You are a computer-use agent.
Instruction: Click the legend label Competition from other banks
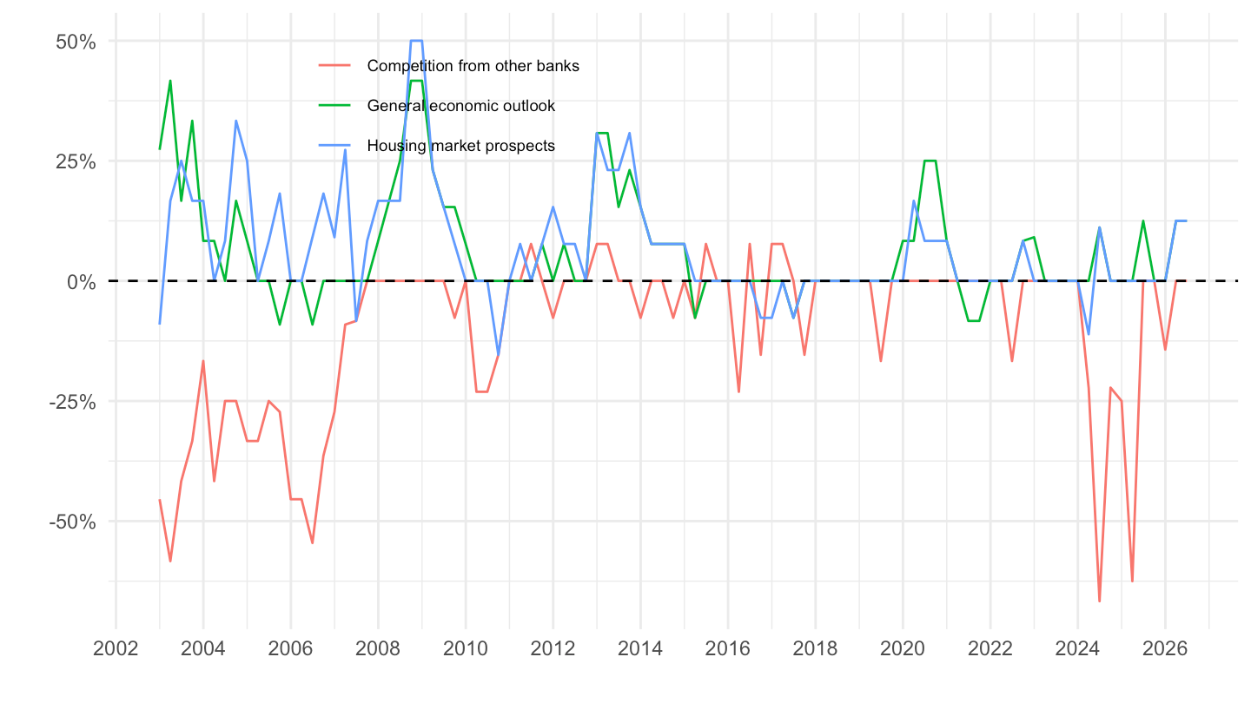pyautogui.click(x=473, y=66)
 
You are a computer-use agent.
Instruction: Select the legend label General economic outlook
pyautogui.click(x=460, y=106)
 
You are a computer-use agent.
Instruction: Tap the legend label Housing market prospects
pyautogui.click(x=460, y=146)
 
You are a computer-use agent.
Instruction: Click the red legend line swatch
pyautogui.click(x=334, y=66)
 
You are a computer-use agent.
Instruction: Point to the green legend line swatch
pyautogui.click(x=334, y=106)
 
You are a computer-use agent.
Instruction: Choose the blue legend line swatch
pyautogui.click(x=334, y=146)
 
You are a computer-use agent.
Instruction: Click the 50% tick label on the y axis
pyautogui.click(x=76, y=42)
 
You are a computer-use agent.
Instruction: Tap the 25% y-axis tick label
pyautogui.click(x=76, y=161)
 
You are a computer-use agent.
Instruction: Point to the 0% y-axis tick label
pyautogui.click(x=82, y=282)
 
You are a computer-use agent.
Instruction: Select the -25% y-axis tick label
pyautogui.click(x=73, y=402)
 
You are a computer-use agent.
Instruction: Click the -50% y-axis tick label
pyautogui.click(x=73, y=522)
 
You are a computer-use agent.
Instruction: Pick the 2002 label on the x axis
pyautogui.click(x=116, y=648)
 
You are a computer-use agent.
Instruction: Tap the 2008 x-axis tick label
pyautogui.click(x=378, y=648)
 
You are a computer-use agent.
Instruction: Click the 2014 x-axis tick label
pyautogui.click(x=640, y=648)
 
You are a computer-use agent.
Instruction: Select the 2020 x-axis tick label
pyautogui.click(x=903, y=648)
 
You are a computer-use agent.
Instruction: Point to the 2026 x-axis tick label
pyautogui.click(x=1165, y=648)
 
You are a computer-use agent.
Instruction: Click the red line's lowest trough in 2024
pyautogui.click(x=1100, y=601)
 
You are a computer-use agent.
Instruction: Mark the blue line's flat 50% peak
pyautogui.click(x=416, y=41)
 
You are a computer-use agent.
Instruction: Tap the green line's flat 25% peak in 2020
pyautogui.click(x=930, y=161)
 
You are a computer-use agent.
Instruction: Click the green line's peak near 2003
pyautogui.click(x=170, y=81)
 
